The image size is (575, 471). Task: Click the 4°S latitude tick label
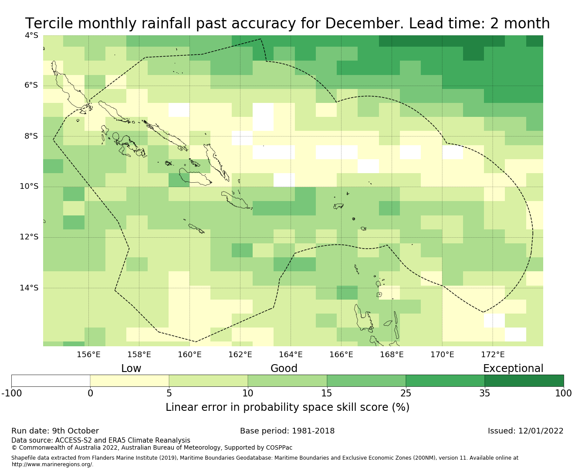[31, 35]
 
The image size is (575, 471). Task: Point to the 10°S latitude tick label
[29, 187]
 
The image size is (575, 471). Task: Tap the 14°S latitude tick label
[29, 288]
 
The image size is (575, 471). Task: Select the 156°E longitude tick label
[88, 355]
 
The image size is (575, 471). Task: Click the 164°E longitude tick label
[291, 355]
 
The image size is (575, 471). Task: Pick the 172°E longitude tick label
[493, 355]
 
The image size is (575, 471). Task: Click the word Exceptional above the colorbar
[513, 369]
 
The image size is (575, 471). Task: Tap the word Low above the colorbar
[131, 369]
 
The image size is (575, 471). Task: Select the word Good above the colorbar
[284, 369]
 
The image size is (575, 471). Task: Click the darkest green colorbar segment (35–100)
[524, 381]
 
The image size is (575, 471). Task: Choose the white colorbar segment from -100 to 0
[51, 381]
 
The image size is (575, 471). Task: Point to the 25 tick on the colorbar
[406, 393]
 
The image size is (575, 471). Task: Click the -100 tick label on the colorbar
[12, 393]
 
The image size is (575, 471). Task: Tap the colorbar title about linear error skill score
[287, 407]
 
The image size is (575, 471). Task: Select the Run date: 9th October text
[55, 431]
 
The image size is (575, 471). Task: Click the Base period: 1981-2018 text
[287, 431]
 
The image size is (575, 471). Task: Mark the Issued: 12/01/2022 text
[525, 431]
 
